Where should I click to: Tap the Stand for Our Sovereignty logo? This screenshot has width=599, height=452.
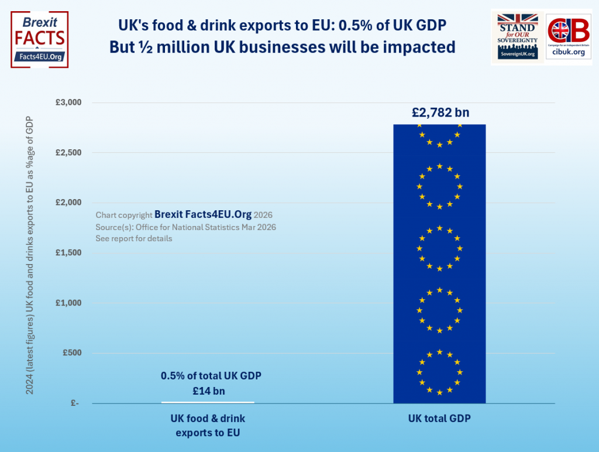coord(517,36)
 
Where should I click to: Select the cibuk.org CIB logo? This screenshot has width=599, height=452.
coord(568,36)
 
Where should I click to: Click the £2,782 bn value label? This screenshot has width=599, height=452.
coord(439,112)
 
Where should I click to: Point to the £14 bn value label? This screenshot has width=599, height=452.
coord(208,391)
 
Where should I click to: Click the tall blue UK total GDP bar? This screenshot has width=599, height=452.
coord(439,263)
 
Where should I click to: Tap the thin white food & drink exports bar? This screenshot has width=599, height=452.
coord(208,402)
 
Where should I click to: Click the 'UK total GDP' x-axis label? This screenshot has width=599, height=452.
coord(439,419)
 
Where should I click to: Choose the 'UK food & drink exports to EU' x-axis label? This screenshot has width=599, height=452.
coord(208,426)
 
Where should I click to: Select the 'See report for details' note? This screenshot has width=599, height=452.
coord(134,239)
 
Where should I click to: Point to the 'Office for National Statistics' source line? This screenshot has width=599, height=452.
coord(185,227)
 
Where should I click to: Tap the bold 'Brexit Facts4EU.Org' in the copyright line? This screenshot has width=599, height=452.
coord(202,215)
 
